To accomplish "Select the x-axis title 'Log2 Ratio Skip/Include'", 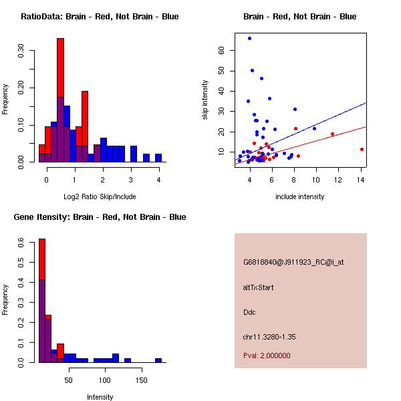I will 99,196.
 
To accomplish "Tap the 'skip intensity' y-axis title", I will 205,100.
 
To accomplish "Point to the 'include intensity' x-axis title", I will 300,196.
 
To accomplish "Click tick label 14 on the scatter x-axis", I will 361,179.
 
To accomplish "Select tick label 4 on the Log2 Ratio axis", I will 158,179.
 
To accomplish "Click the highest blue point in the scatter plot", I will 249,38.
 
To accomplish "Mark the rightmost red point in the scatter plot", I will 362,149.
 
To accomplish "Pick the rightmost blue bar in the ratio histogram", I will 158,158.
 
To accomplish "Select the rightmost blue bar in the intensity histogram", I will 158,360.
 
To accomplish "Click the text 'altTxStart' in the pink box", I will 258,287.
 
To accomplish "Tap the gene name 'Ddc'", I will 249,311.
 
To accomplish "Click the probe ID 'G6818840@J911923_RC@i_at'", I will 293,263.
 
